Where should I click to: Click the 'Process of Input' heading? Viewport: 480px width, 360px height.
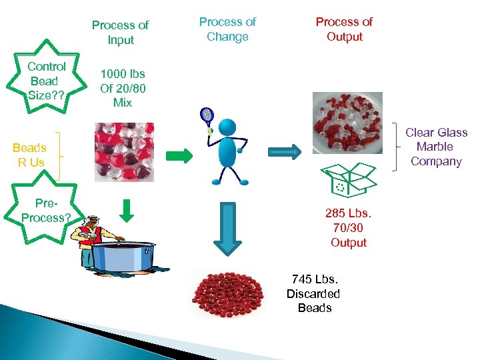120,32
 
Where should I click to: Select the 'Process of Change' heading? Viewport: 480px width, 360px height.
227,29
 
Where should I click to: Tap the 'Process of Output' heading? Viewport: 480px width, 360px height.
345,29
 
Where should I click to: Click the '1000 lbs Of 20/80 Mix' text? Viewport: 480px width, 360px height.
123,88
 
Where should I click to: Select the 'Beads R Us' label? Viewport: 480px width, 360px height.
29,155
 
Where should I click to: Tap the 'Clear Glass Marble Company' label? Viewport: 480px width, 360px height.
437,147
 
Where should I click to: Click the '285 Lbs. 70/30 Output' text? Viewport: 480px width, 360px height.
349,228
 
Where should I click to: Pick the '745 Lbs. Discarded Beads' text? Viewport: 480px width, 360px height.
314,293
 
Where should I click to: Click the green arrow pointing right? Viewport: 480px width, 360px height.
179,156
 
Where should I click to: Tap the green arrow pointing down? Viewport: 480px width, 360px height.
129,211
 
